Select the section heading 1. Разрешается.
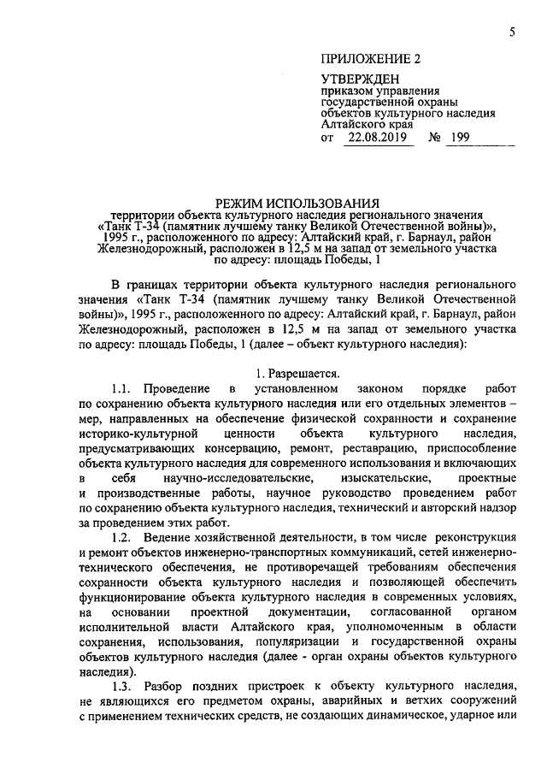point(298,374)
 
